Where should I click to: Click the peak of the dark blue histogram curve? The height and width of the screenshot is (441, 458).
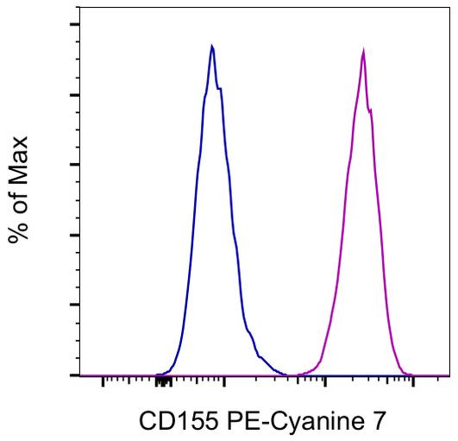tap(212, 47)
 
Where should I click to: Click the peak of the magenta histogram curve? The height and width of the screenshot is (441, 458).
tap(363, 51)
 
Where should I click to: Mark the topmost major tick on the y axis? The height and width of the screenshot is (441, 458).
tap(75, 24)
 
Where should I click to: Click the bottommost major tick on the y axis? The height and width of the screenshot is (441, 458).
tap(75, 375)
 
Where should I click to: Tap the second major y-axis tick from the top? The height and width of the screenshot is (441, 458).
tap(75, 95)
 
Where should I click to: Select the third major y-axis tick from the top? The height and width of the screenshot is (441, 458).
tap(75, 165)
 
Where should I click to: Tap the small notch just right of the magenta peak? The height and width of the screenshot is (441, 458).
tap(371, 110)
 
